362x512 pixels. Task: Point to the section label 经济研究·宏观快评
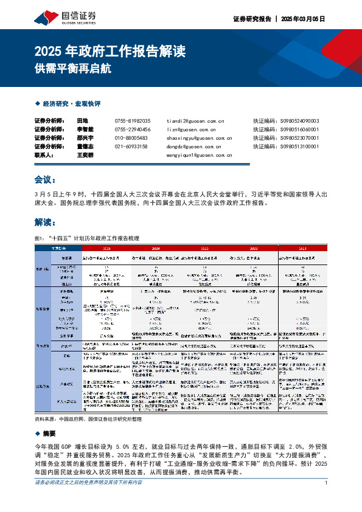[71, 104]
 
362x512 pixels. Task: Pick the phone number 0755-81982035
[132, 121]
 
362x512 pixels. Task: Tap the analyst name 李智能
[86, 130]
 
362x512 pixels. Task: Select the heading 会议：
[46, 180]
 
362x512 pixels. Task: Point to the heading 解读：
[46, 223]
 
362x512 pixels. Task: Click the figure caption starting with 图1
[88, 238]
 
